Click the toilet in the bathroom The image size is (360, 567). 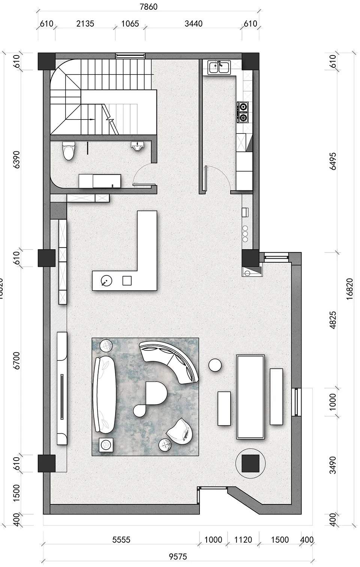69,151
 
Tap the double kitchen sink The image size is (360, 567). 219,68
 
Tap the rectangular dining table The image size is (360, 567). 250,396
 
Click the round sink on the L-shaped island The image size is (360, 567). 106,280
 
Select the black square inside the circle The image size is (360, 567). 250,463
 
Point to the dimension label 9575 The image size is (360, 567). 178,557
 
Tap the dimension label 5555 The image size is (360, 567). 121,540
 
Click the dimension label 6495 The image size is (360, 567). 333,161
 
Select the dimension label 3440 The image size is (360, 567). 193,24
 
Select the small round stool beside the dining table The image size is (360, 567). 215,365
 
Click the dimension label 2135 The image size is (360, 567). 85,24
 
